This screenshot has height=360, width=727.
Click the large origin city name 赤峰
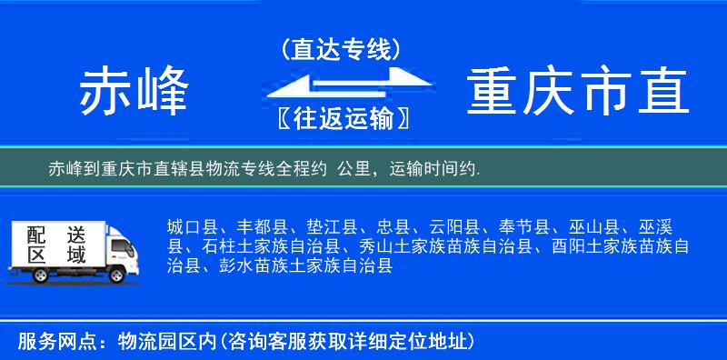134,92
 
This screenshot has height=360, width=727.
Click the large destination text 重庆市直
579,92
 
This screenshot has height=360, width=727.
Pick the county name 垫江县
331,226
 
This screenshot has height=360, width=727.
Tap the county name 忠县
393,226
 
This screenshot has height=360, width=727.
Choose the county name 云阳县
453,226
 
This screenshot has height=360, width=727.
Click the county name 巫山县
593,226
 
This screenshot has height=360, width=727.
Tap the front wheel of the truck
117,274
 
